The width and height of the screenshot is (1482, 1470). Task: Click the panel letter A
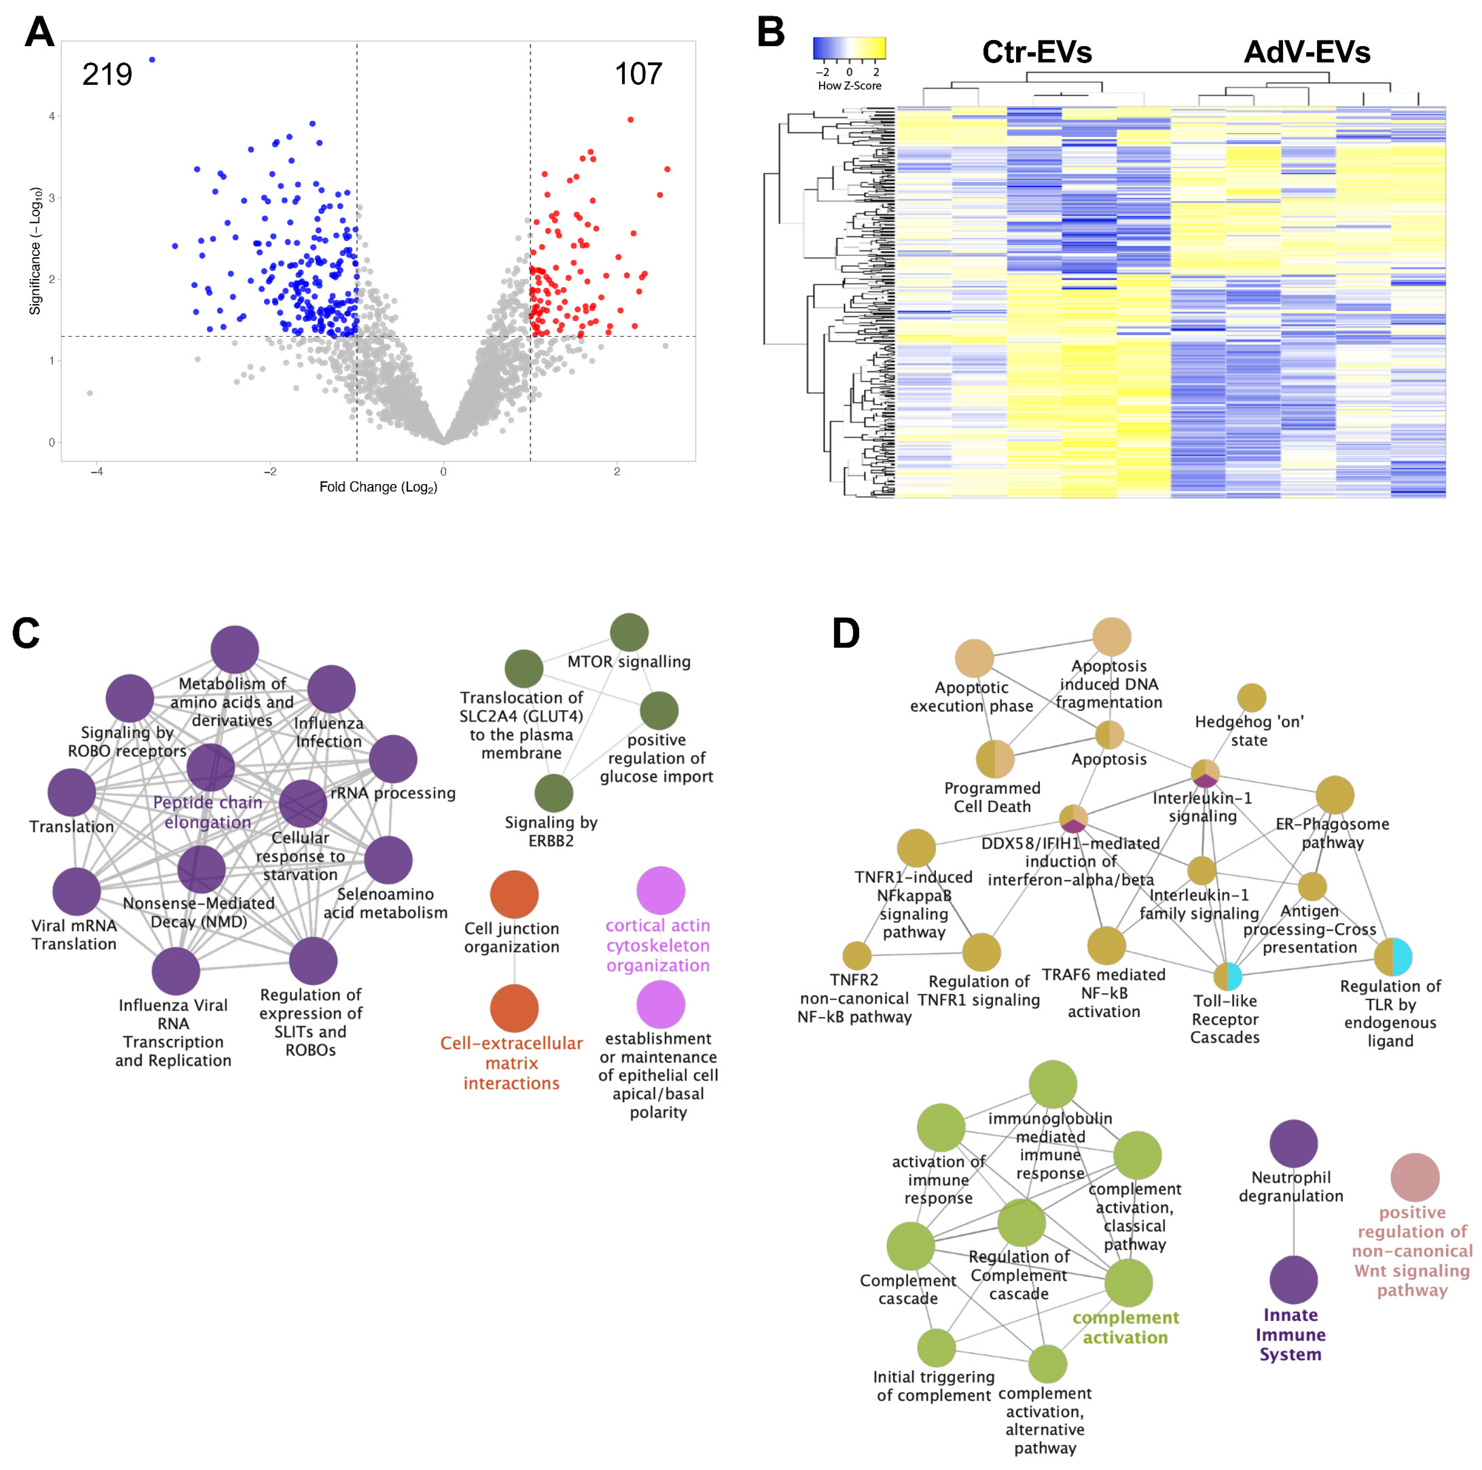point(40,32)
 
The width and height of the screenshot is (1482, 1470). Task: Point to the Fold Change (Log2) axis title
point(378,487)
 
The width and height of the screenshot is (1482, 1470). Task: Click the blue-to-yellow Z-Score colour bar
point(849,49)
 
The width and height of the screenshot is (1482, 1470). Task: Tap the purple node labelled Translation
point(71,792)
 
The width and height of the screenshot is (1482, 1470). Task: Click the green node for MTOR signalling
point(629,632)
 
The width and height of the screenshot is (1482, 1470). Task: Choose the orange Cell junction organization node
point(514,894)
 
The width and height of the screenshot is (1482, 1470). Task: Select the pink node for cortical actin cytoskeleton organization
point(661,890)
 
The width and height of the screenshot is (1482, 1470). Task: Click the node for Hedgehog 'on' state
point(1252,698)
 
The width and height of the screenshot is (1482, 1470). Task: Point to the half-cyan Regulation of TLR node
point(1392,957)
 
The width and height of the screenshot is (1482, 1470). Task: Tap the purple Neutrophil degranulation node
point(1293,1144)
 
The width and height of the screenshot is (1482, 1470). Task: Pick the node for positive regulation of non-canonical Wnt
point(1415,1178)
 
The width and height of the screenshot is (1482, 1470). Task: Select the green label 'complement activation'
point(1126,1327)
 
